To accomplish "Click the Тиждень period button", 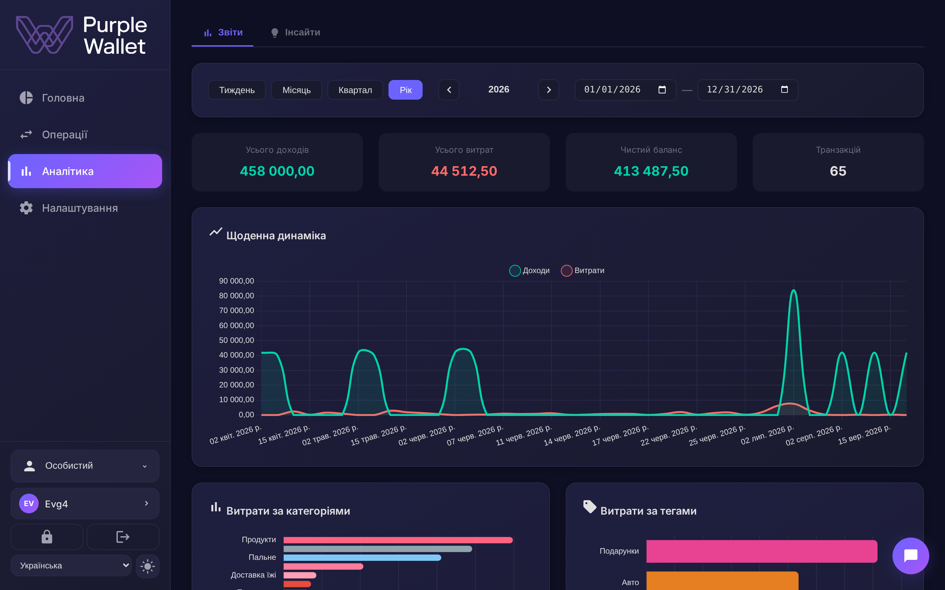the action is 237,90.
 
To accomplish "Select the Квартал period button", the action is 355,90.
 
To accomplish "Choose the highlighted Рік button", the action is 405,90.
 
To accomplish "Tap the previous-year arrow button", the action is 449,90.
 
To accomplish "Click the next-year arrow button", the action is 549,90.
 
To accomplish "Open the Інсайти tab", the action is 295,32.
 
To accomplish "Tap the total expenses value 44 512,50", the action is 464,171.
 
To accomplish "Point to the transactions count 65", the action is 838,171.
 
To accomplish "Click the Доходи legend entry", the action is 530,270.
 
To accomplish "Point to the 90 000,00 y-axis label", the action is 236,281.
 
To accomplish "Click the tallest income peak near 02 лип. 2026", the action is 793,290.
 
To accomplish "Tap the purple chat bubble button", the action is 911,556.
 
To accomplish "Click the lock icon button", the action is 47,537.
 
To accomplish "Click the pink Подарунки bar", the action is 762,551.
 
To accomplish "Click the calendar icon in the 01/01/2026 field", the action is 662,90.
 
